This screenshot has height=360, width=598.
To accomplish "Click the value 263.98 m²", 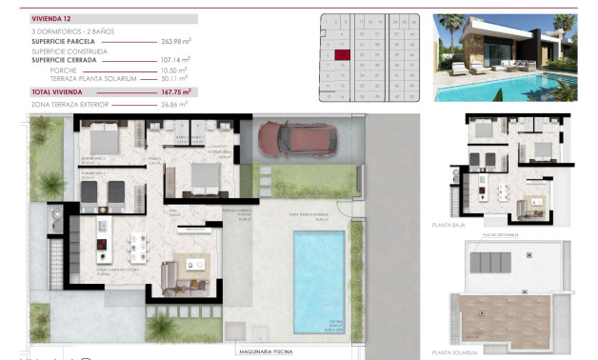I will (176, 41).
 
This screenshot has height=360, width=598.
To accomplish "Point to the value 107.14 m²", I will (176, 59).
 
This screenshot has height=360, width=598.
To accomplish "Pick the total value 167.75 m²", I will (176, 91).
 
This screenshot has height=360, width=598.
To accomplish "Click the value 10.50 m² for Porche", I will (177, 70).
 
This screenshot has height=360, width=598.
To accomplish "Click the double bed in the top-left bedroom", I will (99, 140).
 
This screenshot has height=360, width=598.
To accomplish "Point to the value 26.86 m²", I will (174, 103).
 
